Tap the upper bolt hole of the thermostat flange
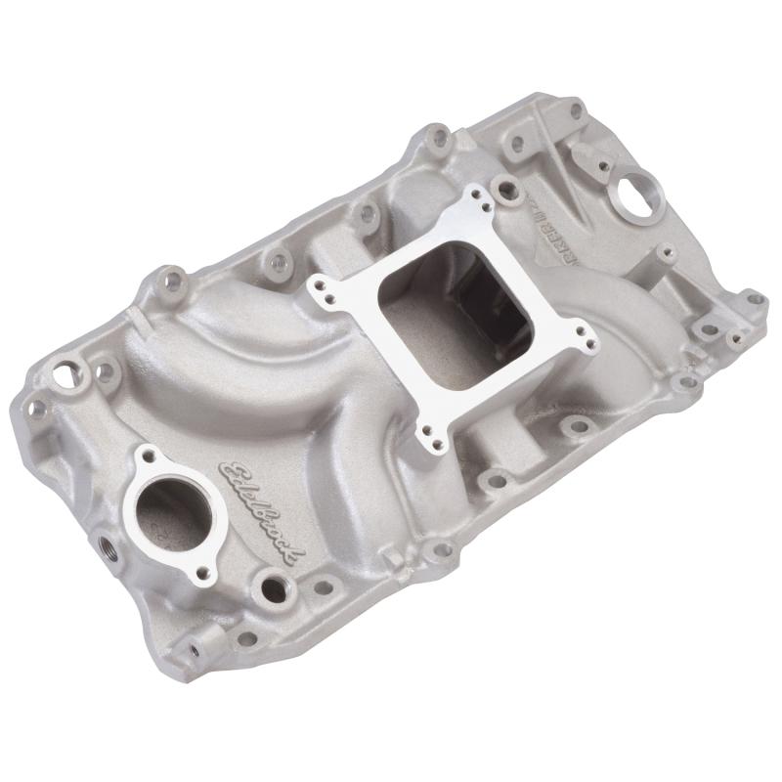148,456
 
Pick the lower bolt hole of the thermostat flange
206,574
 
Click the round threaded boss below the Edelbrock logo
270,586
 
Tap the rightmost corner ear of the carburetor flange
586,337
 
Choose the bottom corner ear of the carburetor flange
427,442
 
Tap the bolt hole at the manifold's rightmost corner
753,298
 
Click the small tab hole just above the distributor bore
583,152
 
